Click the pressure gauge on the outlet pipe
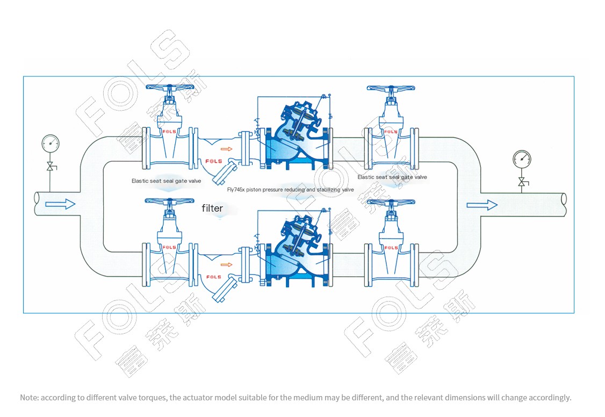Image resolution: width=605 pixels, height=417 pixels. point(521,158)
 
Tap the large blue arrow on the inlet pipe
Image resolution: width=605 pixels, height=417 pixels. point(60,204)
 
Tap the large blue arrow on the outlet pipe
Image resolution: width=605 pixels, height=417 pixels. point(482,205)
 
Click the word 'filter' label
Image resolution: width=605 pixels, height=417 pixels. point(212,208)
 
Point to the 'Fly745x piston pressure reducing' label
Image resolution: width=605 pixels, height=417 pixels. point(290,190)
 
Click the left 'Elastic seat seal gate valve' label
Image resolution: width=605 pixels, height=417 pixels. point(166,181)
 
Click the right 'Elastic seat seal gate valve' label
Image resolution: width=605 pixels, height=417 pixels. point(392,177)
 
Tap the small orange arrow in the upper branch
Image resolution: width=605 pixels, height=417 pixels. point(227,149)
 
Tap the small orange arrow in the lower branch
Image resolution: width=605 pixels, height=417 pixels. point(227,264)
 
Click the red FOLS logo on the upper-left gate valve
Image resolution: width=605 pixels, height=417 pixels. point(169,131)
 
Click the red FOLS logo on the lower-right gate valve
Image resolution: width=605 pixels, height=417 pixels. point(391,248)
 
